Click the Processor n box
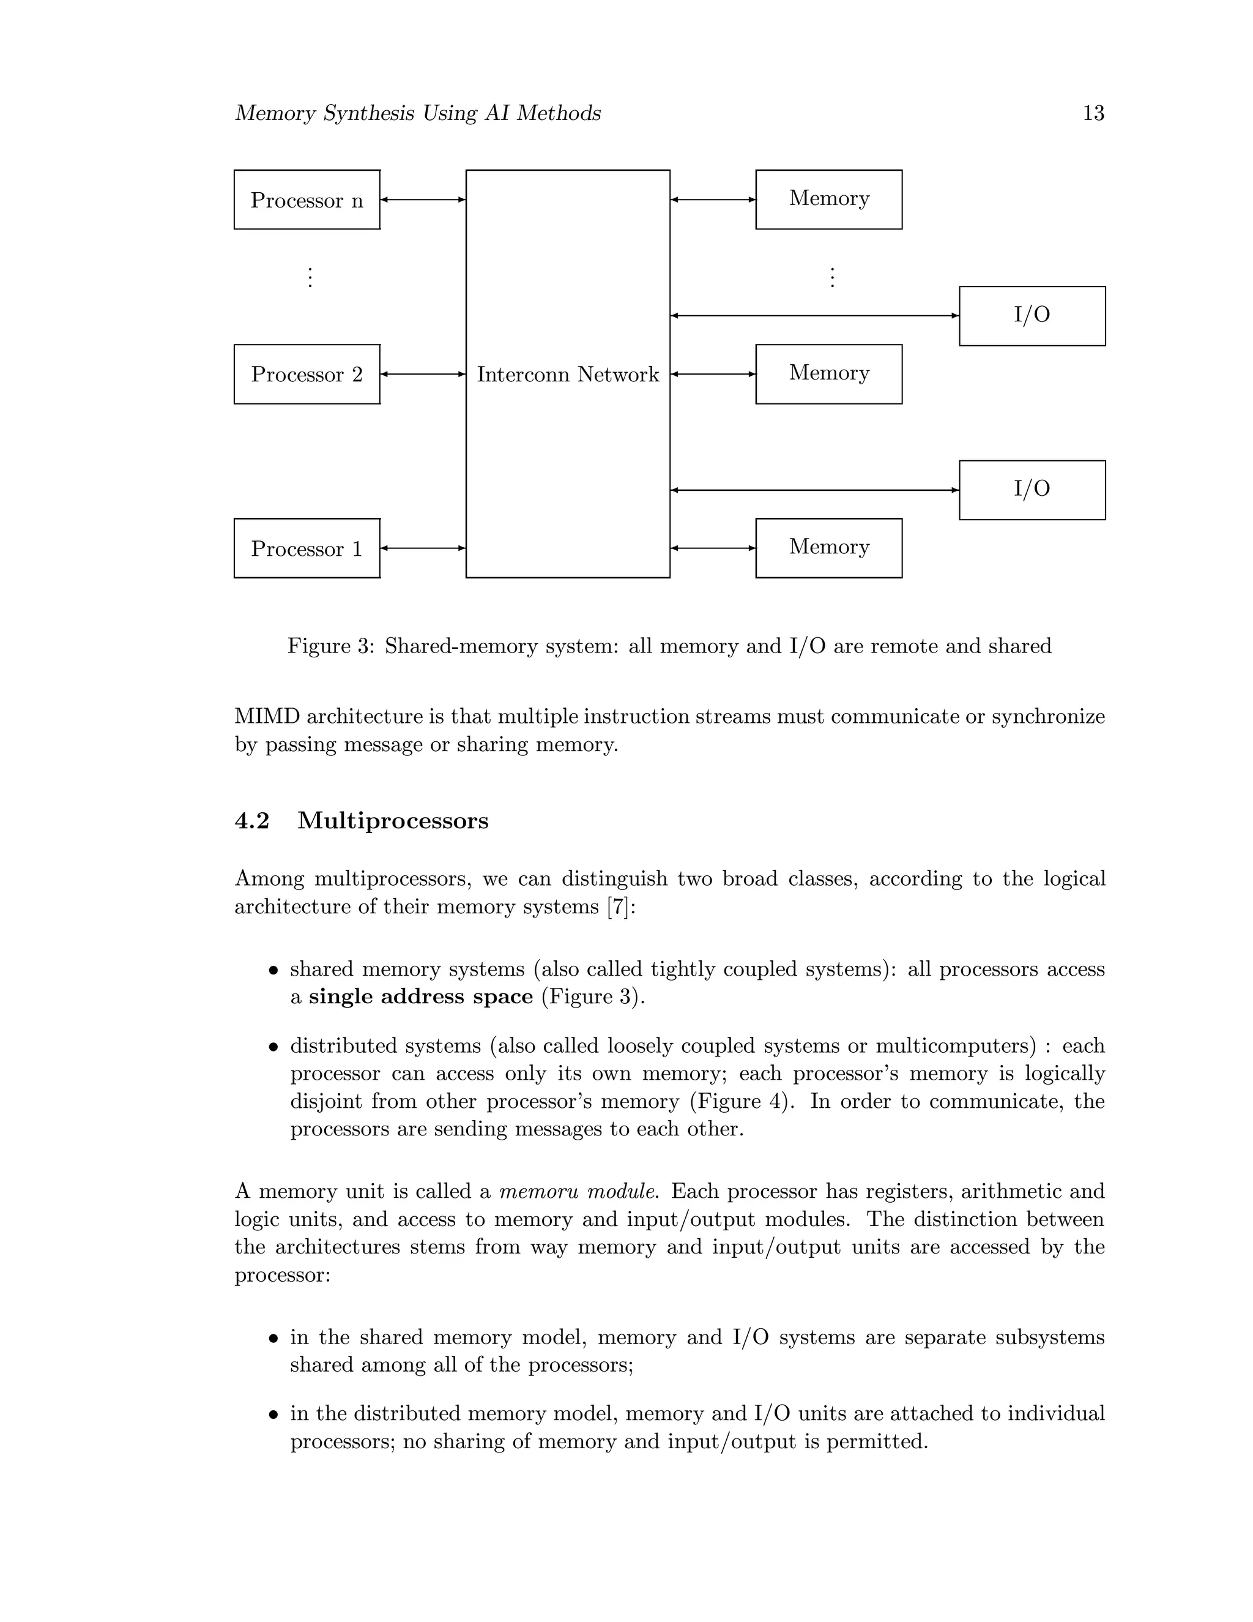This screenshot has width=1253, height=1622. [x=307, y=200]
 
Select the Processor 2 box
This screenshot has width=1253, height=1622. [x=307, y=375]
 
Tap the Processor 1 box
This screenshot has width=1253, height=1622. [x=307, y=548]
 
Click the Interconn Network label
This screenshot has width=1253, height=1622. [x=567, y=375]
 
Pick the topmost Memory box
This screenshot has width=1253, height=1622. [x=828, y=199]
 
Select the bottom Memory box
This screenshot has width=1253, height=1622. [x=828, y=548]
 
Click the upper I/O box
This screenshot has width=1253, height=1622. [x=1032, y=316]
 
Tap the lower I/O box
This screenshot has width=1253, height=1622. [x=1032, y=490]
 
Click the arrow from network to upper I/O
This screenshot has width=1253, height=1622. [x=814, y=316]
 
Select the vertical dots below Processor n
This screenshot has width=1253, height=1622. [x=310, y=278]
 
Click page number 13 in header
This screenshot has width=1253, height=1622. [x=1093, y=113]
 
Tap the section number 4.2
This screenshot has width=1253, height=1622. [x=251, y=821]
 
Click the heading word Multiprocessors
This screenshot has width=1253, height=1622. [x=393, y=821]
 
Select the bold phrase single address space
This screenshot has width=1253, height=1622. [x=421, y=996]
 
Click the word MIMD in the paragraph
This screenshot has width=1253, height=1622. [x=267, y=717]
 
